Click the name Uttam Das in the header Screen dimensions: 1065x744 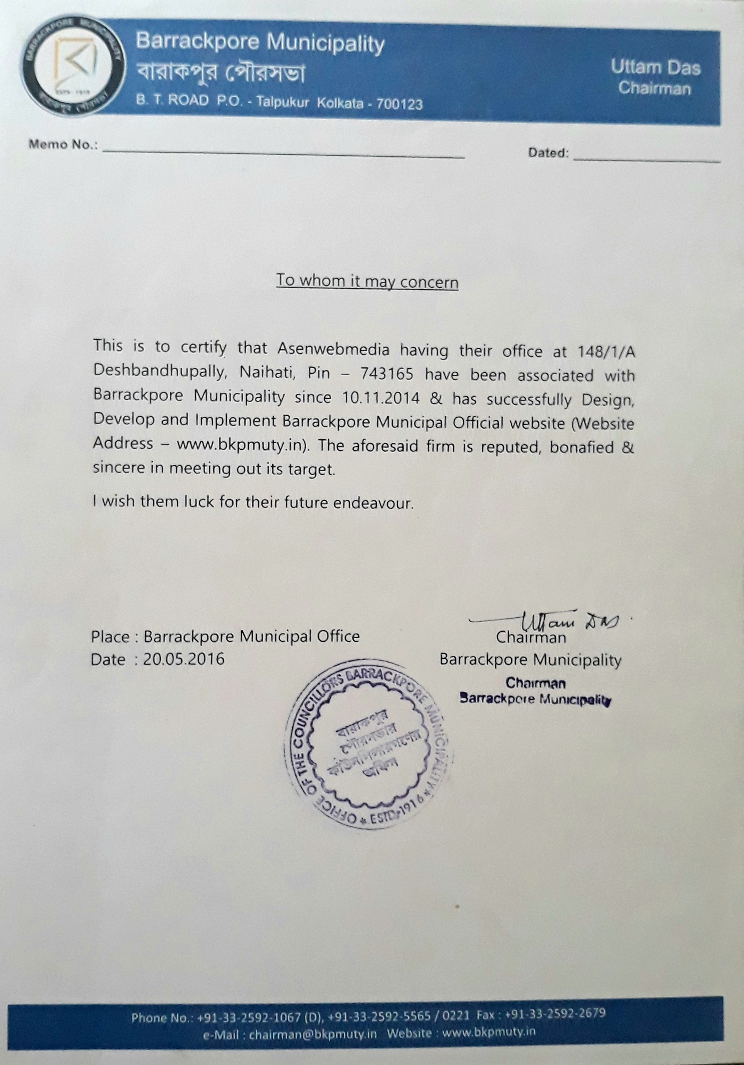pos(655,67)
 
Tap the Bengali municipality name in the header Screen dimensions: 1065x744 pos(221,73)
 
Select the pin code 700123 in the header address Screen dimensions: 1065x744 pos(399,104)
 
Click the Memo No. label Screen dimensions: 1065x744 pos(63,145)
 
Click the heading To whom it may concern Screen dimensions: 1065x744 pos(367,281)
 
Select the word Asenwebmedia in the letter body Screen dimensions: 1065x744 pos(333,349)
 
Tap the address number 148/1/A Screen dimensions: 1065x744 pos(606,352)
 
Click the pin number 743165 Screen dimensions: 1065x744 pos(386,374)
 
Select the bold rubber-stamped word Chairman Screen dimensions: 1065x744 pos(535,683)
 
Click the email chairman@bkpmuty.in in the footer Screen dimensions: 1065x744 pos(312,1035)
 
